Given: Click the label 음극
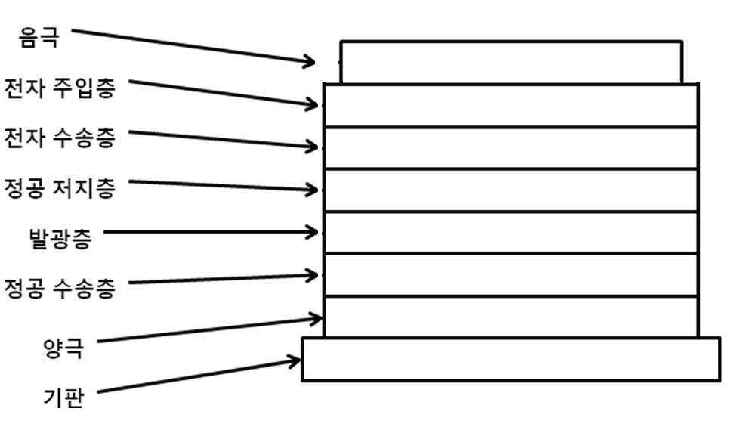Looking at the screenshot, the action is tap(39, 37).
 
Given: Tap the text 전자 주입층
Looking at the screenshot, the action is tap(59, 88).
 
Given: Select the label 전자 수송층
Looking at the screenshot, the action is tap(59, 138).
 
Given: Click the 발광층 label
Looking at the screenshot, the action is tap(60, 237).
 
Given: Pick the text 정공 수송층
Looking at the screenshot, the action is tap(59, 288).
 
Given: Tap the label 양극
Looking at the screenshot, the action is tap(63, 348).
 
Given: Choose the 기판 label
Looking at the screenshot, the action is tap(63, 398).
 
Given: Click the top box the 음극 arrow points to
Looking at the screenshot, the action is tap(511, 63).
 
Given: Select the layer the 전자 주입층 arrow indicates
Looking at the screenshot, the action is tap(511, 106).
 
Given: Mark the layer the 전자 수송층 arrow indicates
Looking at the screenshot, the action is tap(511, 147).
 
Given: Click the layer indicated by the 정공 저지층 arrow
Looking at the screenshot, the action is tap(511, 190).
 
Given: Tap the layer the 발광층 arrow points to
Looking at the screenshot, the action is tap(511, 233).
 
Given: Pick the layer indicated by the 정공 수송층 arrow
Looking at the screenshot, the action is tap(511, 275).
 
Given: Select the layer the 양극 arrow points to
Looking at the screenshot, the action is tap(511, 317).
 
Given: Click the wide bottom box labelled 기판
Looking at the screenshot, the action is tap(511, 359).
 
